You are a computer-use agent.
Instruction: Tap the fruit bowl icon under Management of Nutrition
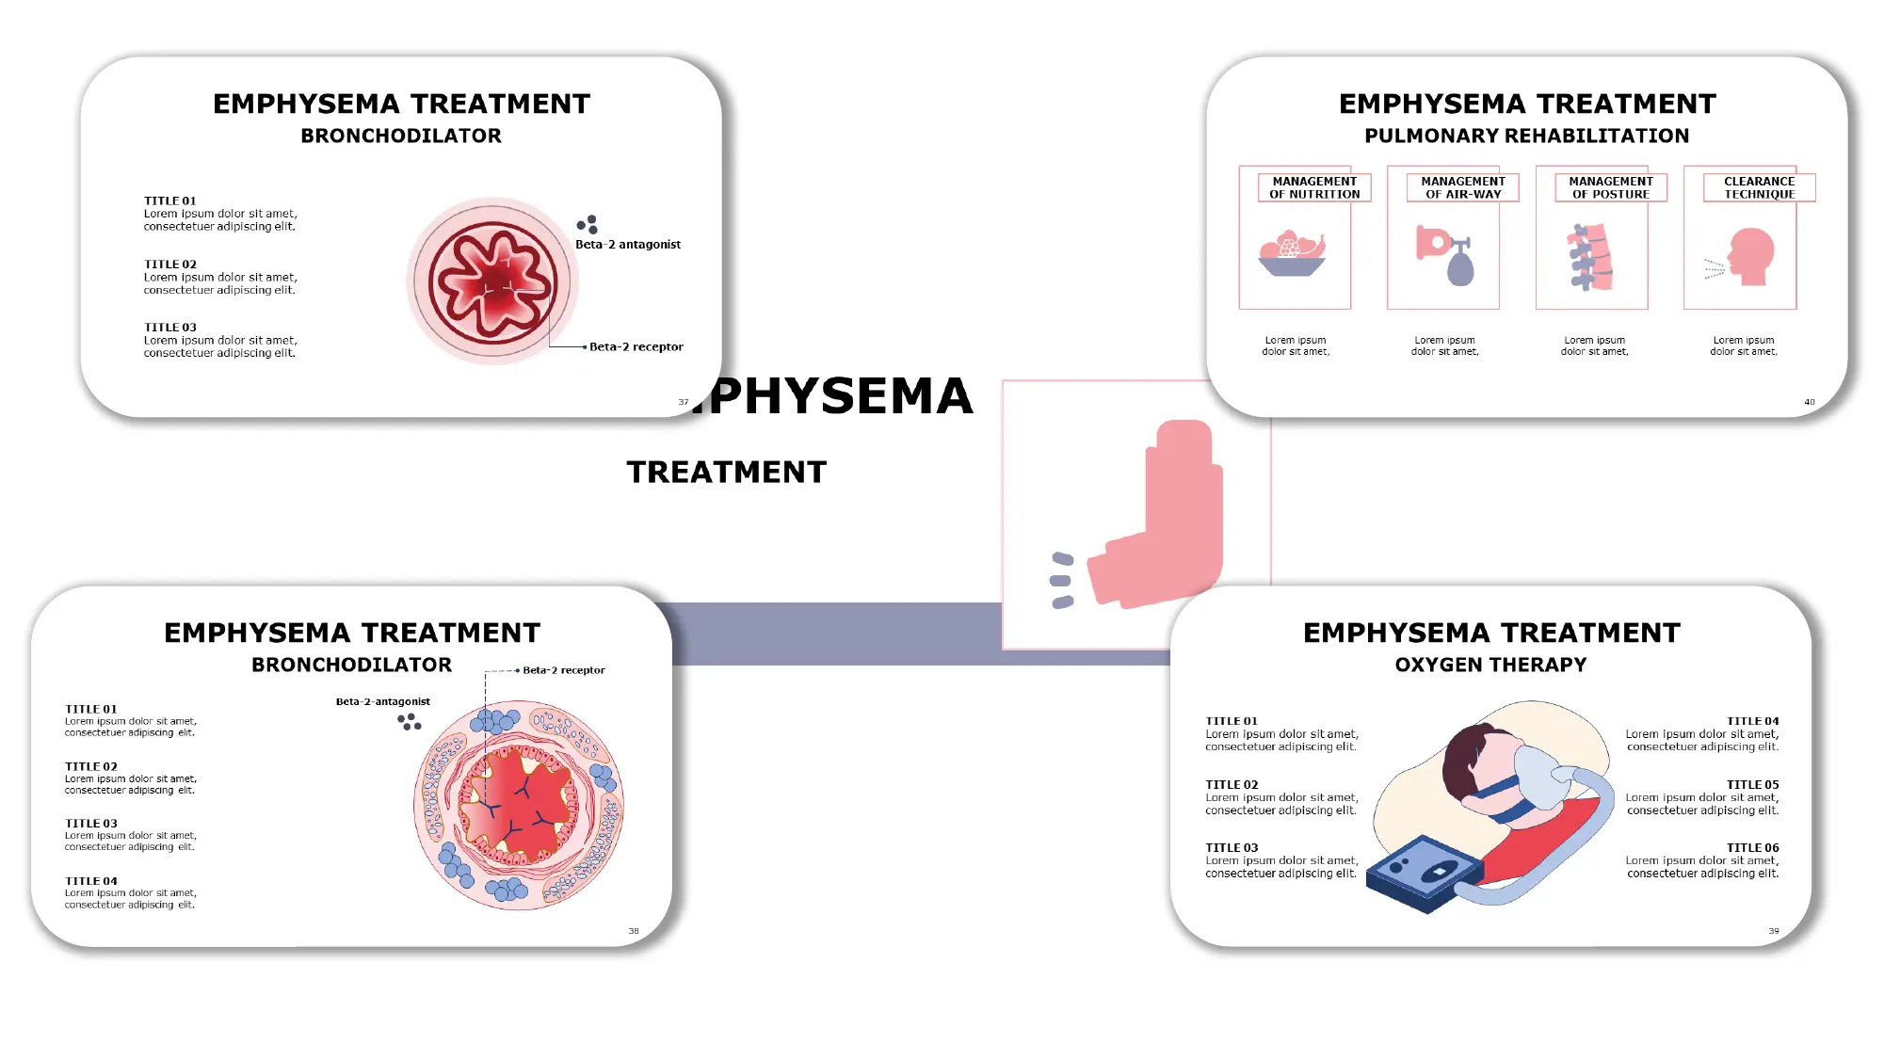coord(1292,254)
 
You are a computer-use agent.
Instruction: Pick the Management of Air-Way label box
coord(1462,187)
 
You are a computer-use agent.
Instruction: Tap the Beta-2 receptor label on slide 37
coord(636,346)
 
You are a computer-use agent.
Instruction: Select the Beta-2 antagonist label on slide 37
coord(627,244)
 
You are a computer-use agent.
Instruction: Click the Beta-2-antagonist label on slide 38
coord(382,701)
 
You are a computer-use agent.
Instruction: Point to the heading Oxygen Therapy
coord(1490,665)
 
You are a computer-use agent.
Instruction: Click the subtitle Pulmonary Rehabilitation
coord(1526,136)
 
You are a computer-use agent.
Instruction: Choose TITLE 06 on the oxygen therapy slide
coord(1752,847)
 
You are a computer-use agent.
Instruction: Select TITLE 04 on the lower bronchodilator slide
coord(91,881)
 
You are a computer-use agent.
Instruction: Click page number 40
coord(1809,402)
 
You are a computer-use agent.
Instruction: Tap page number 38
coord(634,931)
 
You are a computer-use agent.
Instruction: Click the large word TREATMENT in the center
coord(727,472)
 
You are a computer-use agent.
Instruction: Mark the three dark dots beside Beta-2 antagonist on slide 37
coord(588,224)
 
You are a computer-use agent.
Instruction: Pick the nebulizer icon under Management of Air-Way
coord(1444,255)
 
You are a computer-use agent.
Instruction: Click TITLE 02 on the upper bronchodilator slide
coord(170,265)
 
